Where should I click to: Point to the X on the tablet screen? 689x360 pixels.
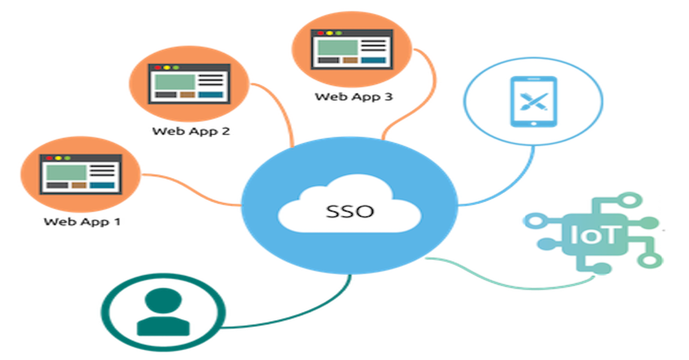pyautogui.click(x=533, y=102)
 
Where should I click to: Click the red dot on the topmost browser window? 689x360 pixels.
pyautogui.click(x=318, y=33)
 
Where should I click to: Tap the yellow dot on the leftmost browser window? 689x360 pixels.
pyautogui.click(x=58, y=158)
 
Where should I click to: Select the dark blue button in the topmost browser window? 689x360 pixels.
pyautogui.click(x=373, y=60)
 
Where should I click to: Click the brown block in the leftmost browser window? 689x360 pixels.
pyautogui.click(x=79, y=185)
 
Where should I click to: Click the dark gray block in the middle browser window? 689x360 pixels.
pyautogui.click(x=165, y=95)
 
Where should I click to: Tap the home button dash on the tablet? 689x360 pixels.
pyautogui.click(x=533, y=122)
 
